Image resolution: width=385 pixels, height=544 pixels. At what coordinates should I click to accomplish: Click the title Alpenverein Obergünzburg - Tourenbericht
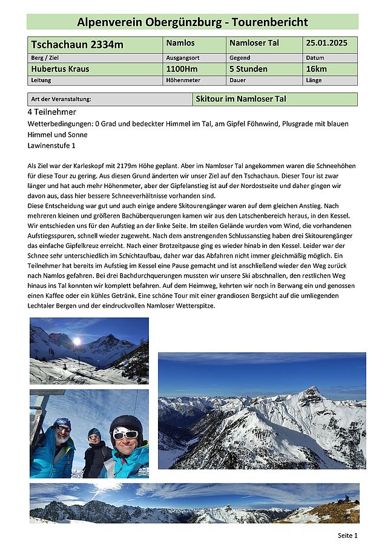pyautogui.click(x=192, y=22)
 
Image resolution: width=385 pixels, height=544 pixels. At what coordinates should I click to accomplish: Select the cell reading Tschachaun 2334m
pyautogui.click(x=77, y=45)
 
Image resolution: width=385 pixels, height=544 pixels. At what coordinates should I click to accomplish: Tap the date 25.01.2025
pyautogui.click(x=326, y=44)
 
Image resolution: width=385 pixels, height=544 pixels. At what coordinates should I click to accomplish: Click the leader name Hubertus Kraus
pyautogui.click(x=60, y=69)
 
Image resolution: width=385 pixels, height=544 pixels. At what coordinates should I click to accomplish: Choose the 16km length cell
pyautogui.click(x=316, y=69)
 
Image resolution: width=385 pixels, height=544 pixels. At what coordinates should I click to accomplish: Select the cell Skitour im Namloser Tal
pyautogui.click(x=241, y=99)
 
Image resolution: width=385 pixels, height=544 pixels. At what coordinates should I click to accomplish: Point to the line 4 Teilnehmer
pyautogui.click(x=52, y=112)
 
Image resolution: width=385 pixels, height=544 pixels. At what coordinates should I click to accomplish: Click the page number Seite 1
pyautogui.click(x=347, y=536)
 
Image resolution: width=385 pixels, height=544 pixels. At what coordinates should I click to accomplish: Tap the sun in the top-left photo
pyautogui.click(x=77, y=341)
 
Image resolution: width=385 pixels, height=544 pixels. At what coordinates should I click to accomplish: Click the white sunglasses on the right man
pyautogui.click(x=125, y=434)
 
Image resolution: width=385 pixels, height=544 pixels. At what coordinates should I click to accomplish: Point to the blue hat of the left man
pyautogui.click(x=62, y=423)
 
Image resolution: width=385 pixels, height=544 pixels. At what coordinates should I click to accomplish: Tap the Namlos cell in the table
pyautogui.click(x=180, y=44)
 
